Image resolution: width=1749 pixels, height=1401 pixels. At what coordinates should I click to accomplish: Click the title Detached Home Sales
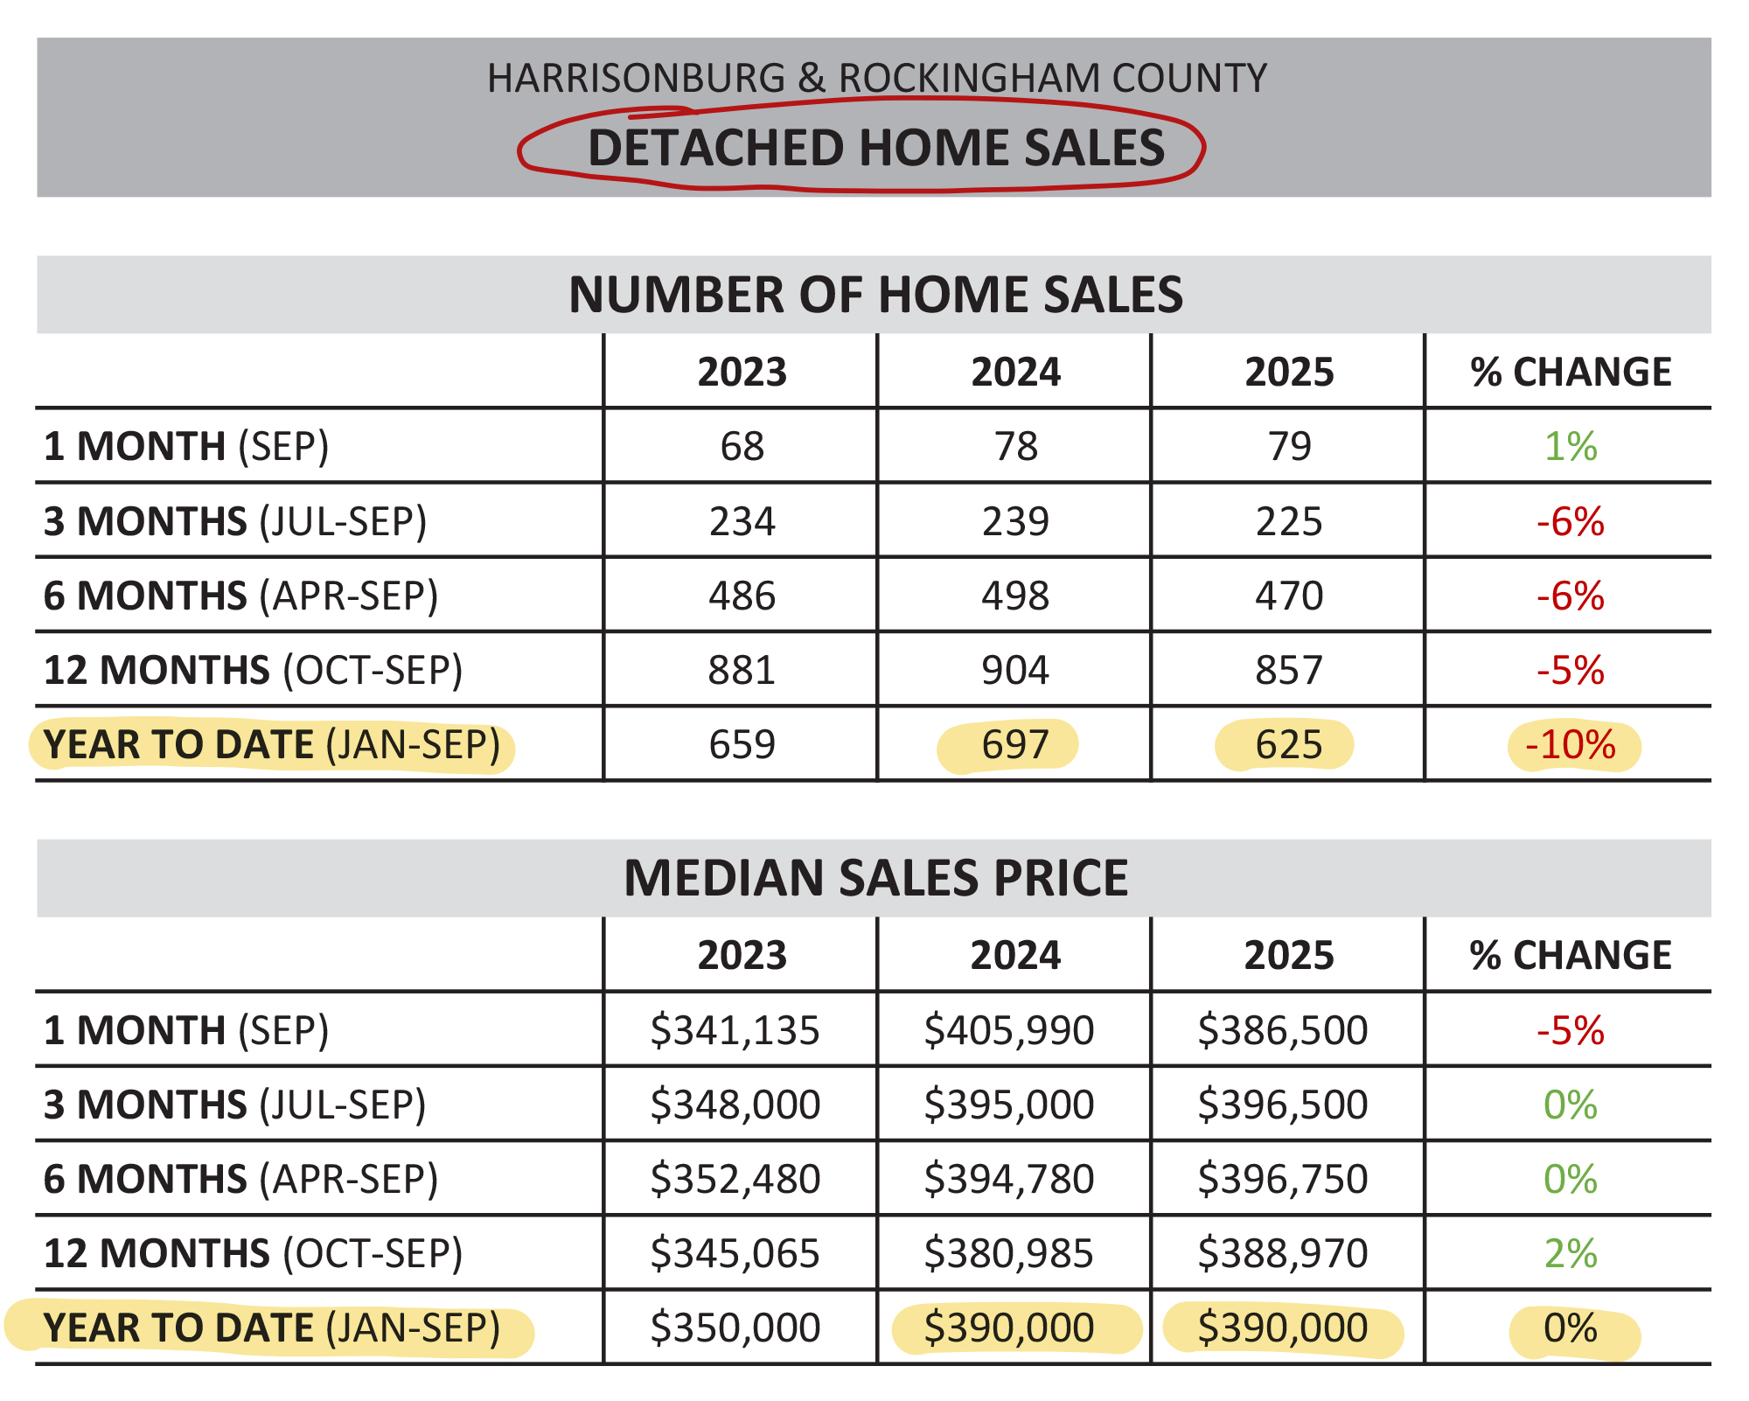[875, 148]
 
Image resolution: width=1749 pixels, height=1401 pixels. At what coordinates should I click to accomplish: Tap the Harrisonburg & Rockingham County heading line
[876, 78]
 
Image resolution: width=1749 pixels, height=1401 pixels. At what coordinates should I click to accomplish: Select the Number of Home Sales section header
[875, 295]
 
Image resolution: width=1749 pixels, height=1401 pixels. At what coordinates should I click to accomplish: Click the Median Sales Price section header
[875, 878]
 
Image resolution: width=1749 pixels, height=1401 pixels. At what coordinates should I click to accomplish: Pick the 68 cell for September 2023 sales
[742, 447]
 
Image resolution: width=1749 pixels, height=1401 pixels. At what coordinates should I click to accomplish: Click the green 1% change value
[1570, 447]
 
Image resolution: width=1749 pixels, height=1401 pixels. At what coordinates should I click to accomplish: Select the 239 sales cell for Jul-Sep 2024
[1014, 522]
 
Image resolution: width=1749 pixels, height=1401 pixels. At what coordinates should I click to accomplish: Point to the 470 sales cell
[1288, 596]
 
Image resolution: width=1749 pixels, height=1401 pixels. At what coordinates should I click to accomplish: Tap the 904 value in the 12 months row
[1014, 671]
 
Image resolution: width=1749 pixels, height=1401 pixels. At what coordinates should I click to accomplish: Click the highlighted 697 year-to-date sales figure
[1014, 745]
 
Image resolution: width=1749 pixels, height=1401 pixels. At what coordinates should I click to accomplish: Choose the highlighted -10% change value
[1571, 745]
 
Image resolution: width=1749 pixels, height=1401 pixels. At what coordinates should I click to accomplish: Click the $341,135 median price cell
[735, 1030]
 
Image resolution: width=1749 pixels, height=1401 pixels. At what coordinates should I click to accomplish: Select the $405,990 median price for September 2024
[1008, 1030]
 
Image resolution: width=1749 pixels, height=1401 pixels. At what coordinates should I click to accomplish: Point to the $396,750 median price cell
[1282, 1179]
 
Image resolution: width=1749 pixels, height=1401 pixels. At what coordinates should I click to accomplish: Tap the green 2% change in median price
[1570, 1254]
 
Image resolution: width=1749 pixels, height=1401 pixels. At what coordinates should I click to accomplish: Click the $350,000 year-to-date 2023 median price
[735, 1328]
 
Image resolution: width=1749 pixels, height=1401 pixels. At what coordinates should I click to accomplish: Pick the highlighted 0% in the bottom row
[1570, 1328]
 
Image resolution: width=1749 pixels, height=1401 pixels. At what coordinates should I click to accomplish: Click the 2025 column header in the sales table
[1289, 373]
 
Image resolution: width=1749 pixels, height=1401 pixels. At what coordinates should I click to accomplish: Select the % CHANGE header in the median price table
[1570, 956]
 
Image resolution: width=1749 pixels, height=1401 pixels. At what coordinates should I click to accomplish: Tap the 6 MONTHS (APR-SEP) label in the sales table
[240, 596]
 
